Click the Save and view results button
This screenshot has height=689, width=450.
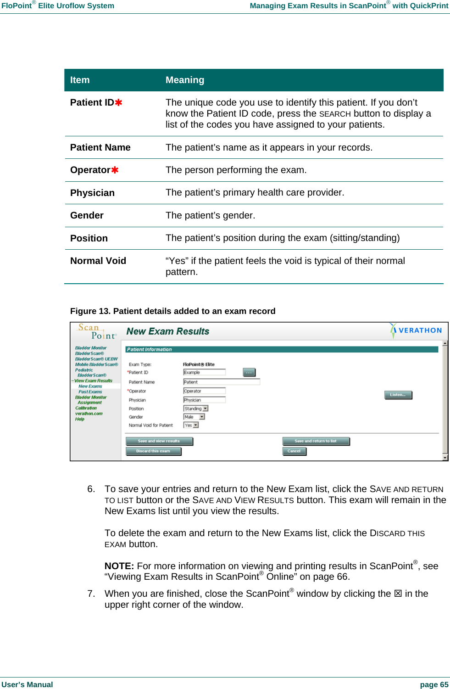click(159, 441)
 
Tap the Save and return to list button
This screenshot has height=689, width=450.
click(316, 441)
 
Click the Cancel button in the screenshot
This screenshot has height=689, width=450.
click(294, 451)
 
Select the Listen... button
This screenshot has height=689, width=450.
click(398, 395)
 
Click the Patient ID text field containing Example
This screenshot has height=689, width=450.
click(204, 372)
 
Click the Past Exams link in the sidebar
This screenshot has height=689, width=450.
click(90, 392)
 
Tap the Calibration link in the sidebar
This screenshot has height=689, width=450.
click(86, 408)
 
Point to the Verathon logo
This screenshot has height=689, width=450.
click(416, 330)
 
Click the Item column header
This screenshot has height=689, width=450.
click(80, 80)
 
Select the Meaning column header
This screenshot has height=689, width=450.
click(185, 80)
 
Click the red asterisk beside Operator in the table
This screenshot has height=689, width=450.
click(115, 170)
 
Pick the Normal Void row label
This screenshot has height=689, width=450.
click(98, 261)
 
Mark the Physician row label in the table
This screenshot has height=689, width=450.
click(92, 193)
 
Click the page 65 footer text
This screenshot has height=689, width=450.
click(434, 684)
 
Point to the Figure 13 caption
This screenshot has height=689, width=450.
click(172, 311)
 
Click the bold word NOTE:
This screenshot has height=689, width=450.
click(119, 566)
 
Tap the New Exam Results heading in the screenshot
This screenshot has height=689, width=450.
click(167, 331)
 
